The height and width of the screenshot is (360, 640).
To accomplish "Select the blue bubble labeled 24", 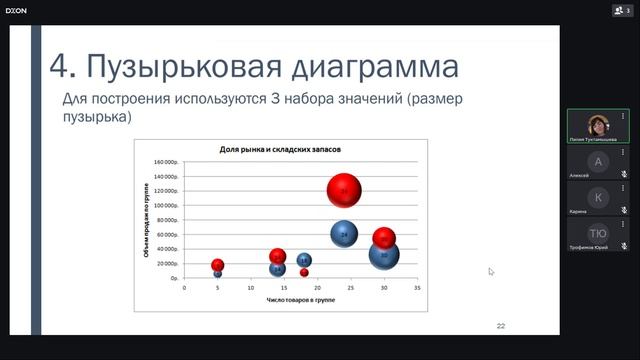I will coord(344,234).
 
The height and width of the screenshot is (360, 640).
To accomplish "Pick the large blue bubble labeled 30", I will coord(384,255).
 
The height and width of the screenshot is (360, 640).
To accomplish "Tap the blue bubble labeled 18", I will coord(304,261).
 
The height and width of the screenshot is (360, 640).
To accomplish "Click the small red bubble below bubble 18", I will coord(304,272).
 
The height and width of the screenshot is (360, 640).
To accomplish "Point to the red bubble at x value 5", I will coord(218,265).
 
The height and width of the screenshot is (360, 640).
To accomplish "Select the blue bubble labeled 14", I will coord(277,268).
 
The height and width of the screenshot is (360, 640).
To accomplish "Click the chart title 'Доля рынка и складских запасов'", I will coord(280,149).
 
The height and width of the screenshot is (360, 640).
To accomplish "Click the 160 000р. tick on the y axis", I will coord(165,162).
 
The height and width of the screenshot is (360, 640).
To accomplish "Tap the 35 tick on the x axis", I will coord(416,287).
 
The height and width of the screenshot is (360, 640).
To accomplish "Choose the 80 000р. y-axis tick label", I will coord(166,220).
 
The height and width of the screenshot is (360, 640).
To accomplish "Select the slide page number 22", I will coord(501,326).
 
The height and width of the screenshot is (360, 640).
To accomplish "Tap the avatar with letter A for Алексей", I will coord(598,161).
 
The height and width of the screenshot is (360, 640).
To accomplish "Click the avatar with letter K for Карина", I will coord(598,197).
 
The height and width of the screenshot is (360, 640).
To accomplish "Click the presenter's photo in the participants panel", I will coord(598,126).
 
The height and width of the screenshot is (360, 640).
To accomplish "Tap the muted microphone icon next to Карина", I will coord(624,211).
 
